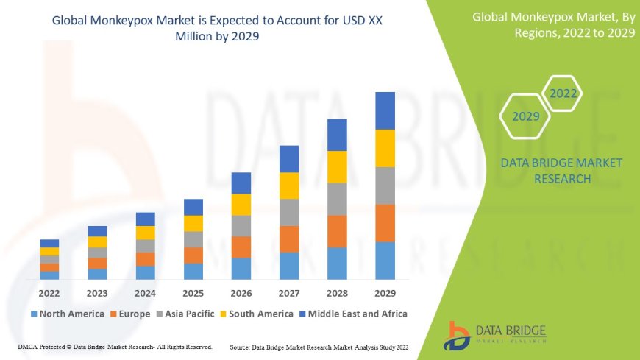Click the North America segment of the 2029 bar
[x=385, y=261]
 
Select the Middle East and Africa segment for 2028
[x=337, y=135]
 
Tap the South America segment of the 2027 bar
[x=289, y=186]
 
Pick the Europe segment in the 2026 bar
[x=241, y=247]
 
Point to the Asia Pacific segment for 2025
[x=193, y=239]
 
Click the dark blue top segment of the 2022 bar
[x=49, y=243]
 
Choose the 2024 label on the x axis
[x=146, y=292]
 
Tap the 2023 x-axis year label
[x=97, y=292]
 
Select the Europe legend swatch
[x=114, y=314]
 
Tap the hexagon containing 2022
[x=563, y=93]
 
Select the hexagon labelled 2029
[x=526, y=116]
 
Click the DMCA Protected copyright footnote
[x=115, y=346]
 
